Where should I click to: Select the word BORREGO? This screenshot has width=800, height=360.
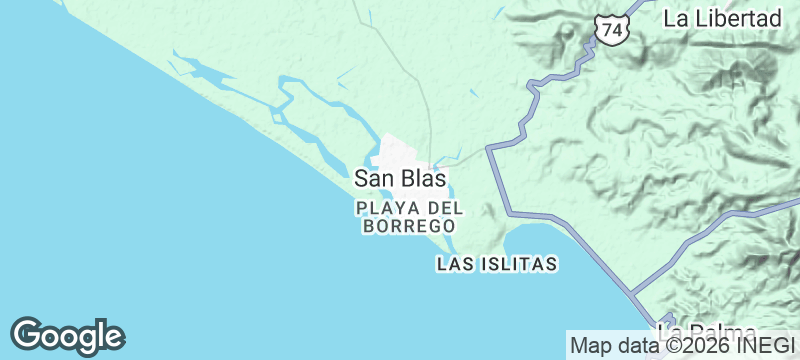[x=409, y=227]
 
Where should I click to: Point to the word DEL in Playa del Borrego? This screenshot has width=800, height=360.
[x=445, y=208]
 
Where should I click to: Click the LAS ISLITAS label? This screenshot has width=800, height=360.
[x=496, y=265]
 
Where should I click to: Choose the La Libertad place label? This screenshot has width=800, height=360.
[x=721, y=18]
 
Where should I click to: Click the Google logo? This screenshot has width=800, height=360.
[x=67, y=336]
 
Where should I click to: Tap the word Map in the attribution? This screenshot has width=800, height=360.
[x=589, y=346]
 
